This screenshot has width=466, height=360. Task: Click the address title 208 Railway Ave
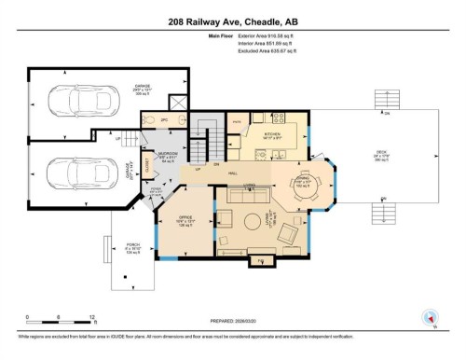[x=232, y=21]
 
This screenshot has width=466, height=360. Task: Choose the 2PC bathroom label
[x=163, y=121]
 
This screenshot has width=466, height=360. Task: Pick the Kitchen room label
[x=271, y=135]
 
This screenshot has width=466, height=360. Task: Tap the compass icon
[x=430, y=317]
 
